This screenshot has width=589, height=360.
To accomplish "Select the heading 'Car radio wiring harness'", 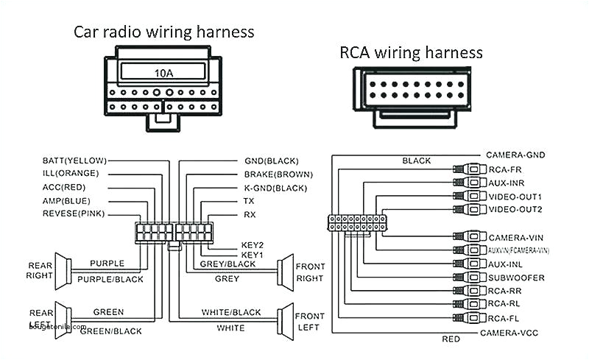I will [163, 32].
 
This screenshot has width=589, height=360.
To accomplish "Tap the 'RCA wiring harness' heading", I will [411, 52].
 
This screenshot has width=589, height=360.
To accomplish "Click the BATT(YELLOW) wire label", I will [74, 160].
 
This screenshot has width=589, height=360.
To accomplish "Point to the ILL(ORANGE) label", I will [71, 174].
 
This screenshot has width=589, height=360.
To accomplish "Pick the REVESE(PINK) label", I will [74, 214].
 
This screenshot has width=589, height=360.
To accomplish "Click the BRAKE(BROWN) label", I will [278, 174].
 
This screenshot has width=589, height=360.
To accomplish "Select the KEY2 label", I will [253, 244].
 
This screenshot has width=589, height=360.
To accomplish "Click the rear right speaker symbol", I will [63, 272].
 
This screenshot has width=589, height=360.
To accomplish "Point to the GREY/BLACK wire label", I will [228, 264].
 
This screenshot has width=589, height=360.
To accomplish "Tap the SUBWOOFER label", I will [516, 278].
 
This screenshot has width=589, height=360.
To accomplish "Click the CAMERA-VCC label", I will [509, 333].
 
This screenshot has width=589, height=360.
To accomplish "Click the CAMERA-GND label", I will [515, 155].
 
